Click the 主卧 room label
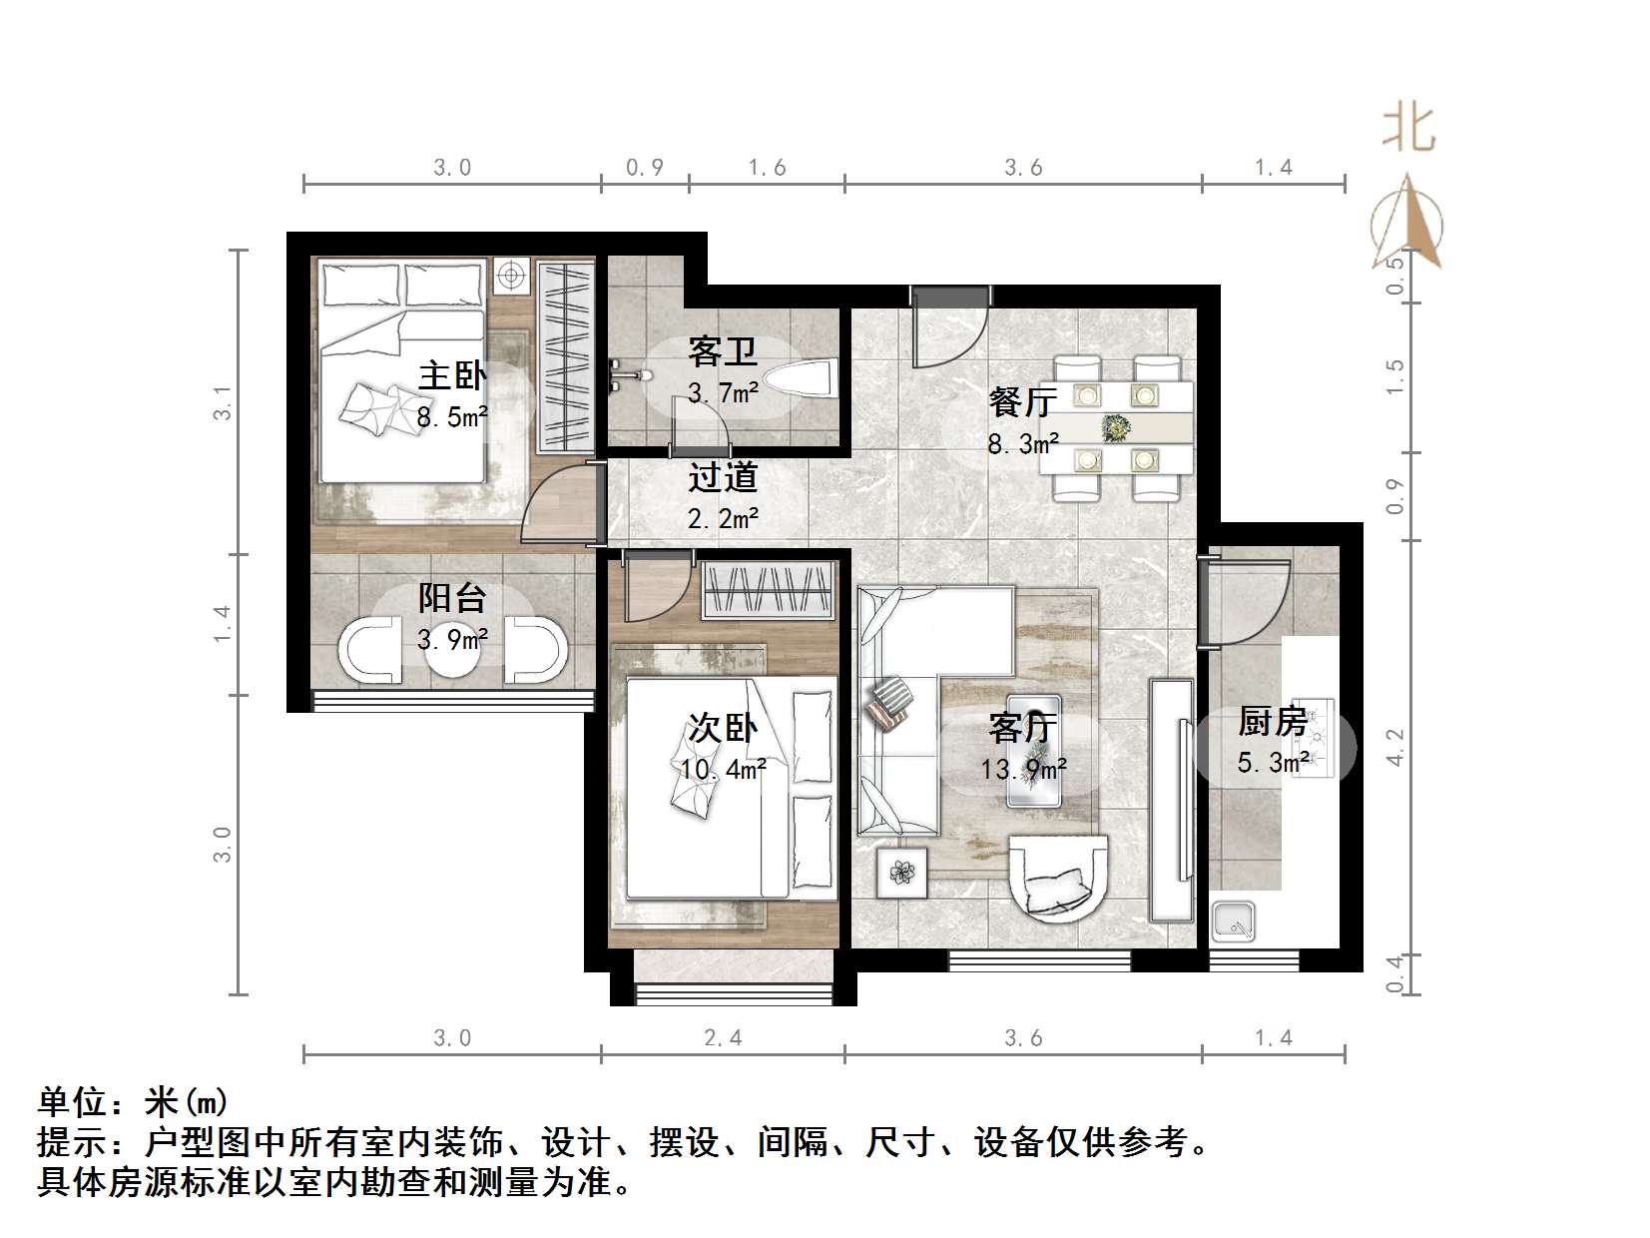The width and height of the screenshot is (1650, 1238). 451,375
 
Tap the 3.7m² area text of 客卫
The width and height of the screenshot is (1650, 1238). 723,393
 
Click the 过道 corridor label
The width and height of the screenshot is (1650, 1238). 723,477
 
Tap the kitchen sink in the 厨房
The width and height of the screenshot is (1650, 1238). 1235,923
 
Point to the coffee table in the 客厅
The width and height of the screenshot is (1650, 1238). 1031,749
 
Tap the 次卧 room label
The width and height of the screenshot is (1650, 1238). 723,728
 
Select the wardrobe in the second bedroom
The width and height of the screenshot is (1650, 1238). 767,590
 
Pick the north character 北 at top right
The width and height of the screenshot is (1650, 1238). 1407,129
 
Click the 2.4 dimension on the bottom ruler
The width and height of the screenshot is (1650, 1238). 723,1038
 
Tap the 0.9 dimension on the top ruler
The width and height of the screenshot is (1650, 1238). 645,167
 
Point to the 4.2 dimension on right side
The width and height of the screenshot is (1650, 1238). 1394,747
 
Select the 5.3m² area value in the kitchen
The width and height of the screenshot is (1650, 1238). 1272,763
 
